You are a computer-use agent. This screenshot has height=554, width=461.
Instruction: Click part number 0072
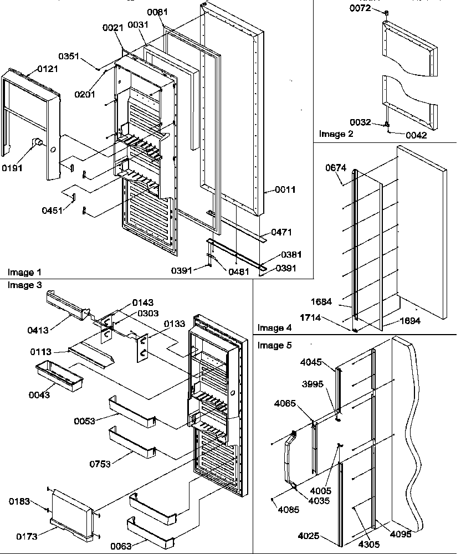[359, 8]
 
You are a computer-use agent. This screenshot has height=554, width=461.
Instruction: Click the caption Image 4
[274, 328]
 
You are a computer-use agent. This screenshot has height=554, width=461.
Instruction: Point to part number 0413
[38, 331]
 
